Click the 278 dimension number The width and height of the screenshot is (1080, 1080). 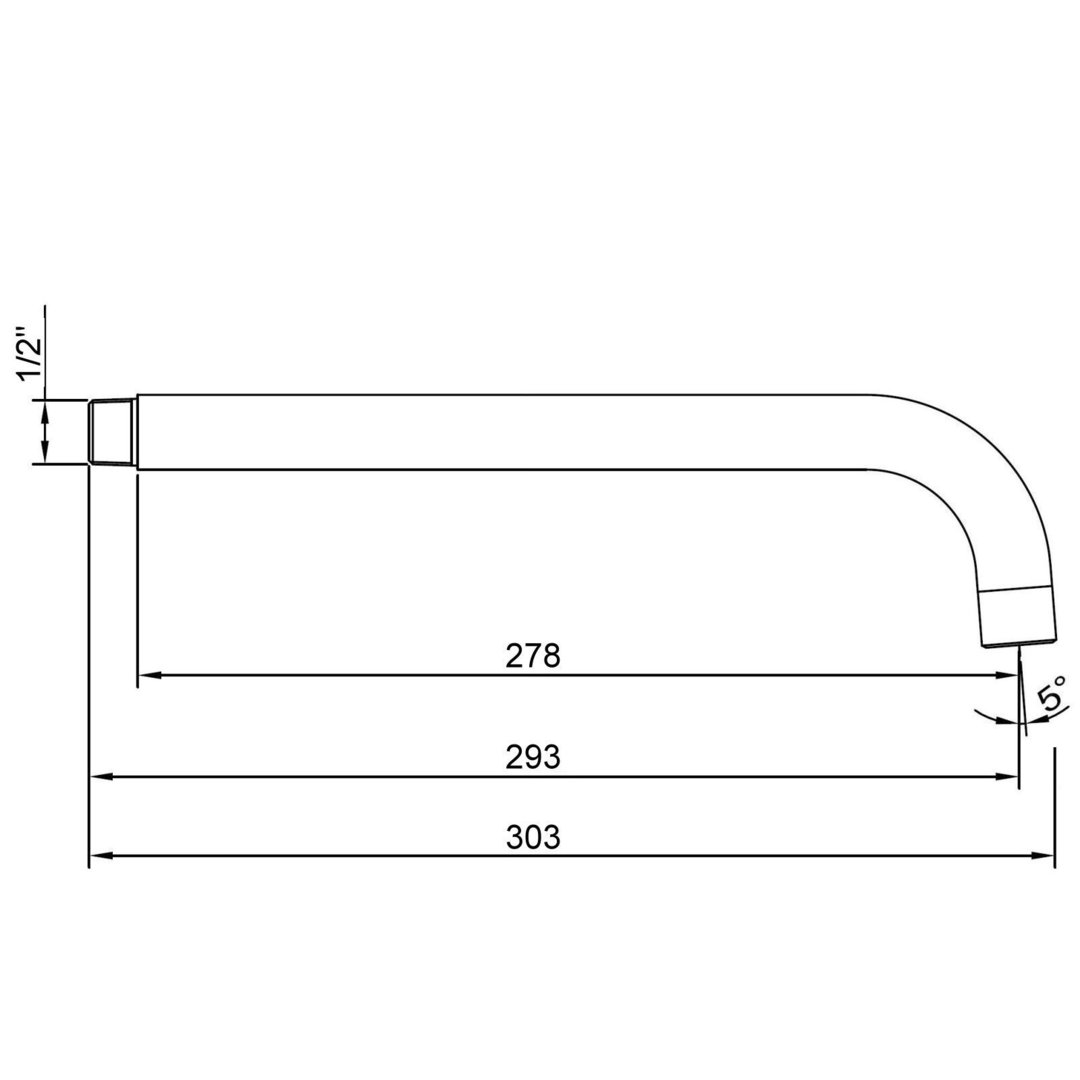tap(533, 656)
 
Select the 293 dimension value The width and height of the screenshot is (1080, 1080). tap(533, 758)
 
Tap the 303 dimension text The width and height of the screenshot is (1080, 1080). tap(533, 838)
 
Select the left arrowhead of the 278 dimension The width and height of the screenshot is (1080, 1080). tap(149, 676)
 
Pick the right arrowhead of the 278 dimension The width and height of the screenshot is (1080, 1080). tap(1006, 676)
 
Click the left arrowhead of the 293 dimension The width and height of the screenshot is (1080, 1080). tap(101, 777)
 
